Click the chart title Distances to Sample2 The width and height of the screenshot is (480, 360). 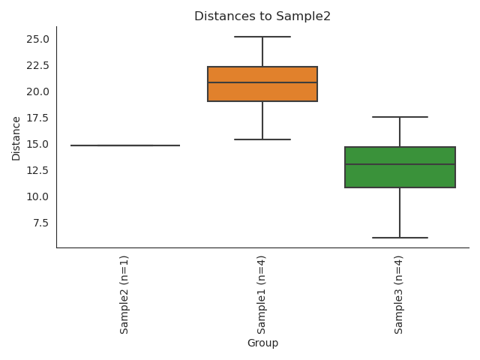click(x=262, y=16)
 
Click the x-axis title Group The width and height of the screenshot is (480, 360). click(x=262, y=343)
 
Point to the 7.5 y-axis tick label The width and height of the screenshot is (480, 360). click(x=38, y=223)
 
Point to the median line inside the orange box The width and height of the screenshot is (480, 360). click(x=262, y=82)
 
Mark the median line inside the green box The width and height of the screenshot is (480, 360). click(x=400, y=164)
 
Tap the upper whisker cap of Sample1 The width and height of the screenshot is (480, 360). click(x=262, y=37)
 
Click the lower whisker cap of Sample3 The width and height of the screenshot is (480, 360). click(x=400, y=238)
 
